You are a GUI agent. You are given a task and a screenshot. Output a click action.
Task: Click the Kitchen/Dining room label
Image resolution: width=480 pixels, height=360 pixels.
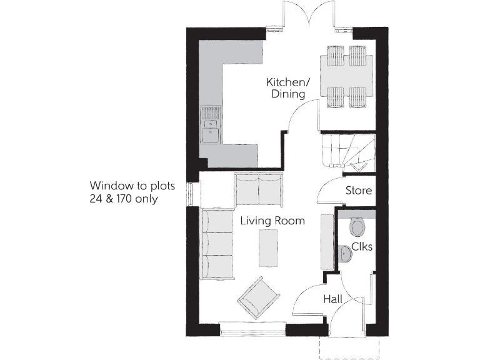(x=286, y=88)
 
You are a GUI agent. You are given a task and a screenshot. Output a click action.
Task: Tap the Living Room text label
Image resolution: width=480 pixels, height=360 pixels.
(x=272, y=221)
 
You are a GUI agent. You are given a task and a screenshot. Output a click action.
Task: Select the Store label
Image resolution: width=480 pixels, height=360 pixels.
(x=359, y=191)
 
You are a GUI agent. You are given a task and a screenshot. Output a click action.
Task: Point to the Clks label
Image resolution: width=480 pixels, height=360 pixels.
(x=361, y=246)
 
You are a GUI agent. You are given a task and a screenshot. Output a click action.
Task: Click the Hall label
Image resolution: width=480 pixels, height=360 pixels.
(x=332, y=299)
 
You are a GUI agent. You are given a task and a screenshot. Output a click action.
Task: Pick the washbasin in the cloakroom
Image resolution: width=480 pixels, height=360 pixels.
(x=344, y=254)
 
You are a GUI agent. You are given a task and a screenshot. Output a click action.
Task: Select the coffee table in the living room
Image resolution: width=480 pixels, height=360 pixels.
(x=268, y=247)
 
